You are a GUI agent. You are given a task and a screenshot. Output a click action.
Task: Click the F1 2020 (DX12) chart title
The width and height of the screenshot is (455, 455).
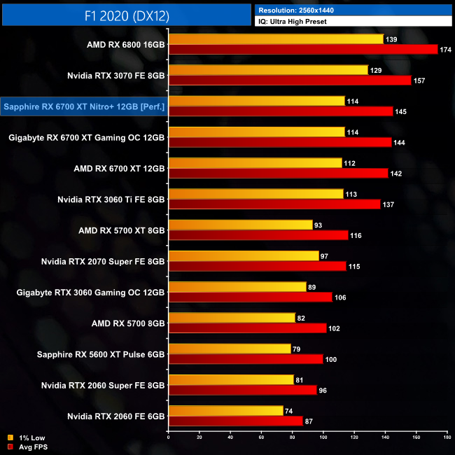(x=126, y=15)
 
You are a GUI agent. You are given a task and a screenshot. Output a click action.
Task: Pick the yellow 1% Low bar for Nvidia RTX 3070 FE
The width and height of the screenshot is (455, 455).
(x=269, y=70)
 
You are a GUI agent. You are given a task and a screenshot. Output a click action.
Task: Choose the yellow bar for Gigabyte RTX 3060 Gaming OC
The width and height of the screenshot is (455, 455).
(x=238, y=287)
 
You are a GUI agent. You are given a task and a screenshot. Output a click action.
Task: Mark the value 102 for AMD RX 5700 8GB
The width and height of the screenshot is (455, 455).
(x=336, y=328)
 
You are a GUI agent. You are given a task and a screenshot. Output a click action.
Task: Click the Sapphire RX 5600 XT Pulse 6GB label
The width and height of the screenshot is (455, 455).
(x=101, y=354)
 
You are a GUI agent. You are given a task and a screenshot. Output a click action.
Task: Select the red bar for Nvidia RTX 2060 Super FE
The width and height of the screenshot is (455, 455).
(x=243, y=390)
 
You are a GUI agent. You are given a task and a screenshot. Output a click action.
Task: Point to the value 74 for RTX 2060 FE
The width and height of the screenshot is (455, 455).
(x=290, y=410)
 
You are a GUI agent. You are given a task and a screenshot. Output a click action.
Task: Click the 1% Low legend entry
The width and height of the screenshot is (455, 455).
(x=31, y=437)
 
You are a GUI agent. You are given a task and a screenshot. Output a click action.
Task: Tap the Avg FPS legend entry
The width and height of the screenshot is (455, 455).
(x=33, y=446)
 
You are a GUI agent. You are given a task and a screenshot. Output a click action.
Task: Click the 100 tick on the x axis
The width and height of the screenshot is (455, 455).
(x=323, y=438)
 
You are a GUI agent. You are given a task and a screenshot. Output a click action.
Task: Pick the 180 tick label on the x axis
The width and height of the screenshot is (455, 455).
(x=445, y=438)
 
